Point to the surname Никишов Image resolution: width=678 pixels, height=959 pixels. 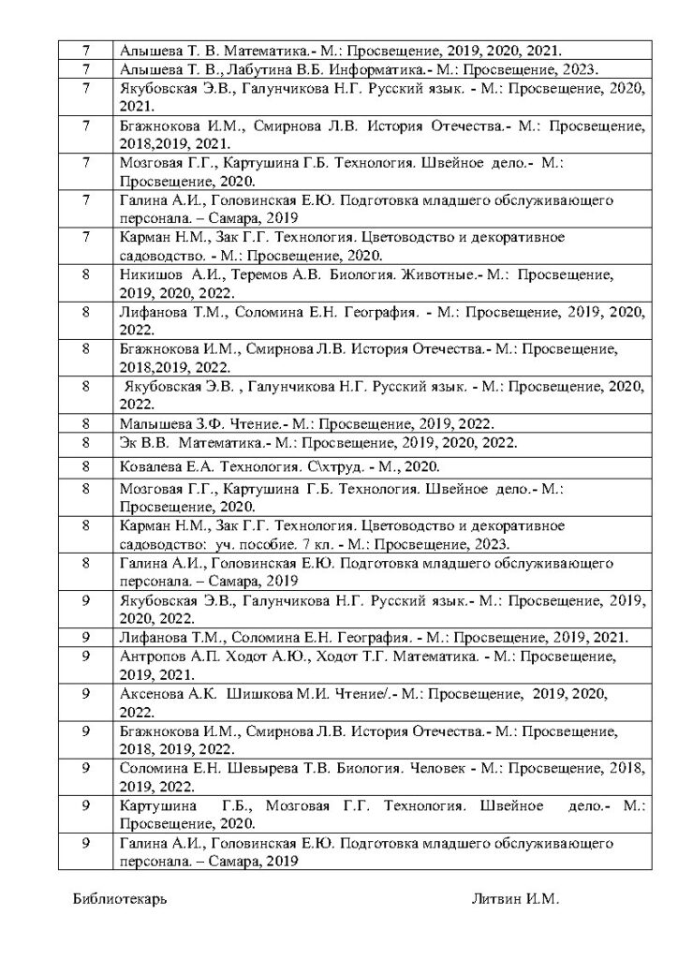tap(150, 275)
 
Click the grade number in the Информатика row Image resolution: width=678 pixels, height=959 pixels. tap(85, 68)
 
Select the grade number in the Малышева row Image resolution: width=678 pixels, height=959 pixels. tap(85, 423)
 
